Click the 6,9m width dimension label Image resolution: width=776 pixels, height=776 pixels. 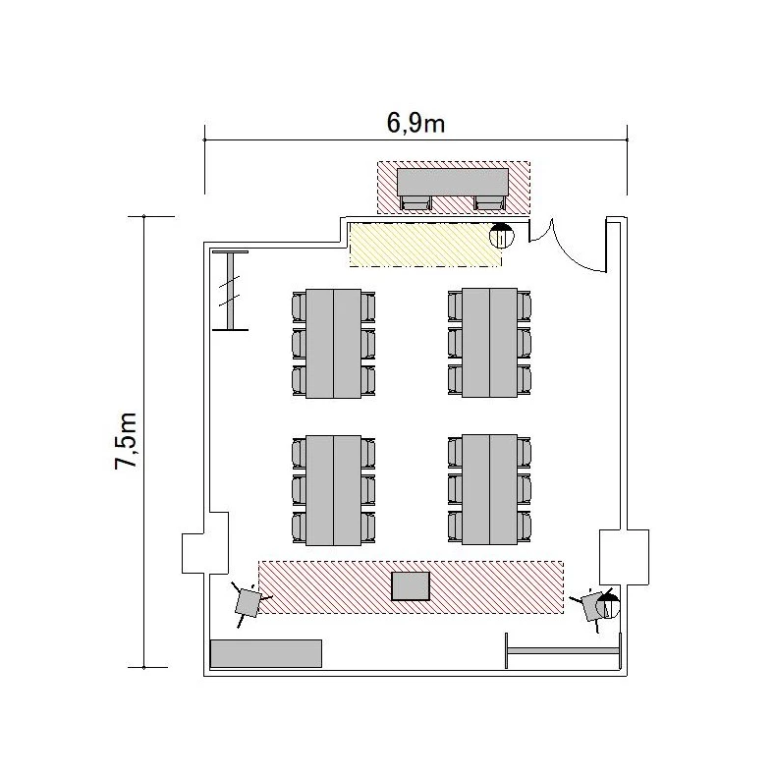coord(416,123)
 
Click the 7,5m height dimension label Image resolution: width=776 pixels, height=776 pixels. coord(126,440)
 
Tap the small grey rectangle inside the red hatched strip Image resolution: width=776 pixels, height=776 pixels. coord(411,586)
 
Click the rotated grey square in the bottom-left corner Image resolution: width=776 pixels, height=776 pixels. coord(248,602)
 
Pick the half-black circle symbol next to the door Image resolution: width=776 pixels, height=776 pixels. coord(502,235)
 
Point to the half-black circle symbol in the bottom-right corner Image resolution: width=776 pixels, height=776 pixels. coord(608,606)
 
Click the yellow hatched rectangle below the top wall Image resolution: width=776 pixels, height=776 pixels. coord(425,245)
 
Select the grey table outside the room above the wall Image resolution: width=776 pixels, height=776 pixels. coord(453,182)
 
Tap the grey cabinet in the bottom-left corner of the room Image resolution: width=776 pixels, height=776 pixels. coord(266,653)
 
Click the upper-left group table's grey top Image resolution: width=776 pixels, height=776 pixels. coord(333,344)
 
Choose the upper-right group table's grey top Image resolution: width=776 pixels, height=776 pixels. coord(489,343)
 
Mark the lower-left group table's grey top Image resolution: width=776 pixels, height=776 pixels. coord(333,490)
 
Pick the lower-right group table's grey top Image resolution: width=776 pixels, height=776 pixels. coord(489,490)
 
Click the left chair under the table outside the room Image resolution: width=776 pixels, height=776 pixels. coord(416,203)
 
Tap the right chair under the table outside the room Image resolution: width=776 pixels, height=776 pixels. coord(489,203)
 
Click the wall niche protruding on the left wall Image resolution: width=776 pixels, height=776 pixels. coord(205,543)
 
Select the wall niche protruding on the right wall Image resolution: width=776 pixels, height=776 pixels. coord(624,557)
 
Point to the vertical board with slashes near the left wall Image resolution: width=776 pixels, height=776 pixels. coord(230,291)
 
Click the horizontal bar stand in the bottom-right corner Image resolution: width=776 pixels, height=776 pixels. coord(563,650)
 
